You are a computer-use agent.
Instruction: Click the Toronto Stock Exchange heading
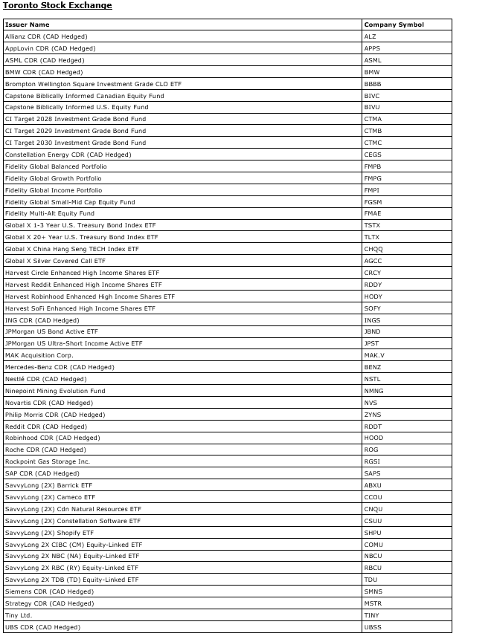click(x=57, y=6)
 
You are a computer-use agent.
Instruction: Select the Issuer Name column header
click(x=27, y=25)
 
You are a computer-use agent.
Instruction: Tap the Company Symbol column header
click(x=394, y=25)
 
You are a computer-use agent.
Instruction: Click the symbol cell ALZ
click(x=370, y=36)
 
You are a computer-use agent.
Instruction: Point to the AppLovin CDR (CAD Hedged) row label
click(x=50, y=48)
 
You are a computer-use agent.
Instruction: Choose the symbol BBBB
click(x=372, y=84)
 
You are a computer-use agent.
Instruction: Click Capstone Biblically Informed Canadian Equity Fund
click(x=84, y=96)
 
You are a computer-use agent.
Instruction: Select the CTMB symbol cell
click(x=372, y=131)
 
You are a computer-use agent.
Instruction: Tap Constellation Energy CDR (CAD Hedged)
click(x=68, y=155)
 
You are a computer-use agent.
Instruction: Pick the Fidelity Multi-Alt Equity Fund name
click(x=50, y=213)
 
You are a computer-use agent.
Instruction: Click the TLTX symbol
click(x=371, y=237)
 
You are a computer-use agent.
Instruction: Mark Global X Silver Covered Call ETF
click(x=55, y=261)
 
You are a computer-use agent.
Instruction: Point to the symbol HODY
click(x=373, y=296)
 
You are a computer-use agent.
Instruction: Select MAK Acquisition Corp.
click(x=39, y=355)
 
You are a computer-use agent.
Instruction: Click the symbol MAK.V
click(x=374, y=355)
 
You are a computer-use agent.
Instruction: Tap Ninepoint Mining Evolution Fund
click(x=55, y=391)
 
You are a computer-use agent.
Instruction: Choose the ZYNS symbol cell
click(x=372, y=415)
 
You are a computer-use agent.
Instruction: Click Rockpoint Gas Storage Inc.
click(x=47, y=461)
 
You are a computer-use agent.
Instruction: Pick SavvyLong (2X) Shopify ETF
click(x=49, y=533)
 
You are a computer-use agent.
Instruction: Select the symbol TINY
click(x=371, y=615)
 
